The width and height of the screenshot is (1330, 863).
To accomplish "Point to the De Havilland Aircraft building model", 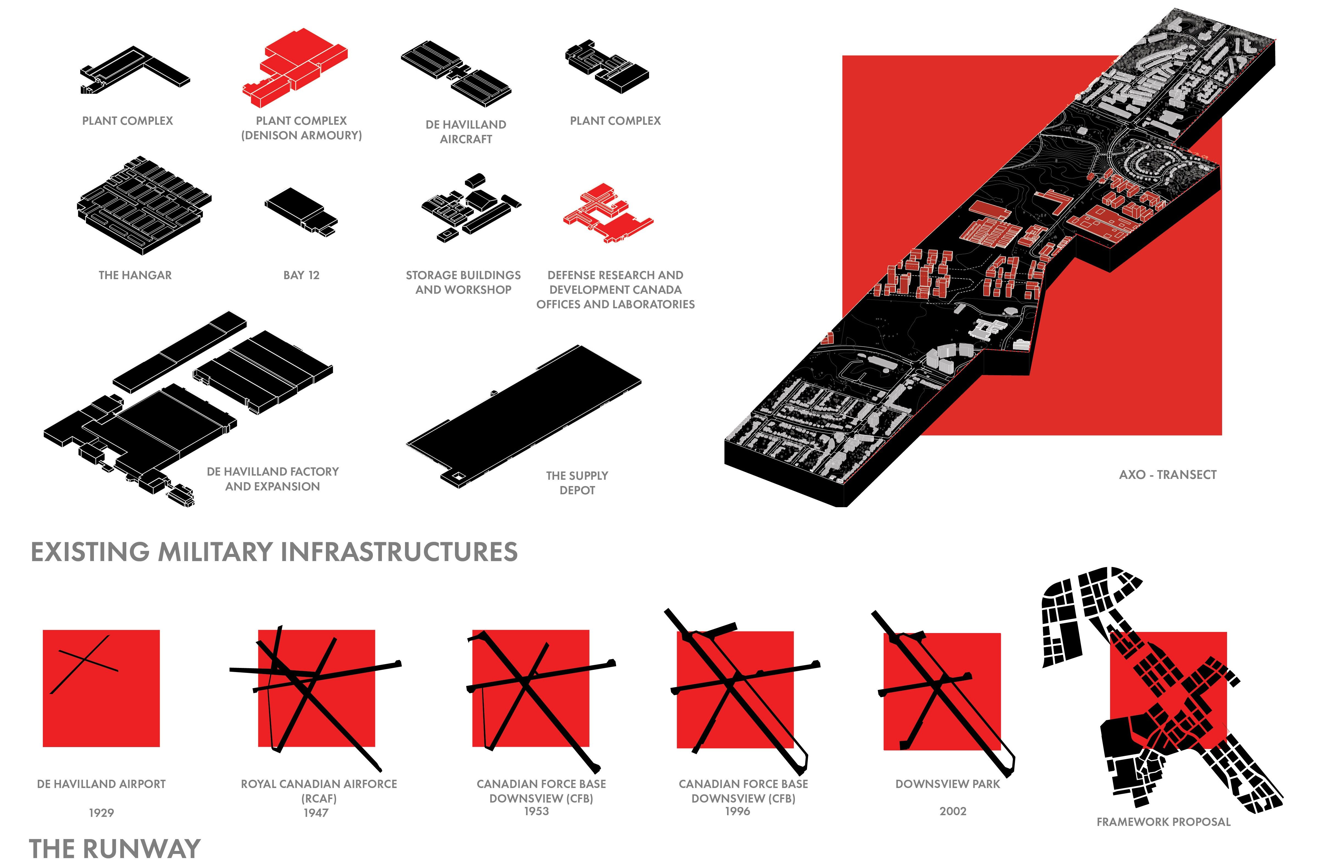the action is click(x=456, y=73).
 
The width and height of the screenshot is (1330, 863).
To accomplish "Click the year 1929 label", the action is click(x=101, y=813).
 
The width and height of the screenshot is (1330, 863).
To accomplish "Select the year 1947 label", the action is click(x=316, y=813).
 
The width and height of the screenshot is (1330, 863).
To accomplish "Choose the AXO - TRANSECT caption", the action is click(x=1167, y=475).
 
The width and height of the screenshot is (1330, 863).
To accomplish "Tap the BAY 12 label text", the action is click(x=301, y=275).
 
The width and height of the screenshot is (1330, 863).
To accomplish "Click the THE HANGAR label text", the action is click(x=135, y=275).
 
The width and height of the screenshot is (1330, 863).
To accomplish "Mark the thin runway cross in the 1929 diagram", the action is click(x=84, y=663).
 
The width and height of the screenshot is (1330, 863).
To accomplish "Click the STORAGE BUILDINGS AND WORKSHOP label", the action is click(x=463, y=282).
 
